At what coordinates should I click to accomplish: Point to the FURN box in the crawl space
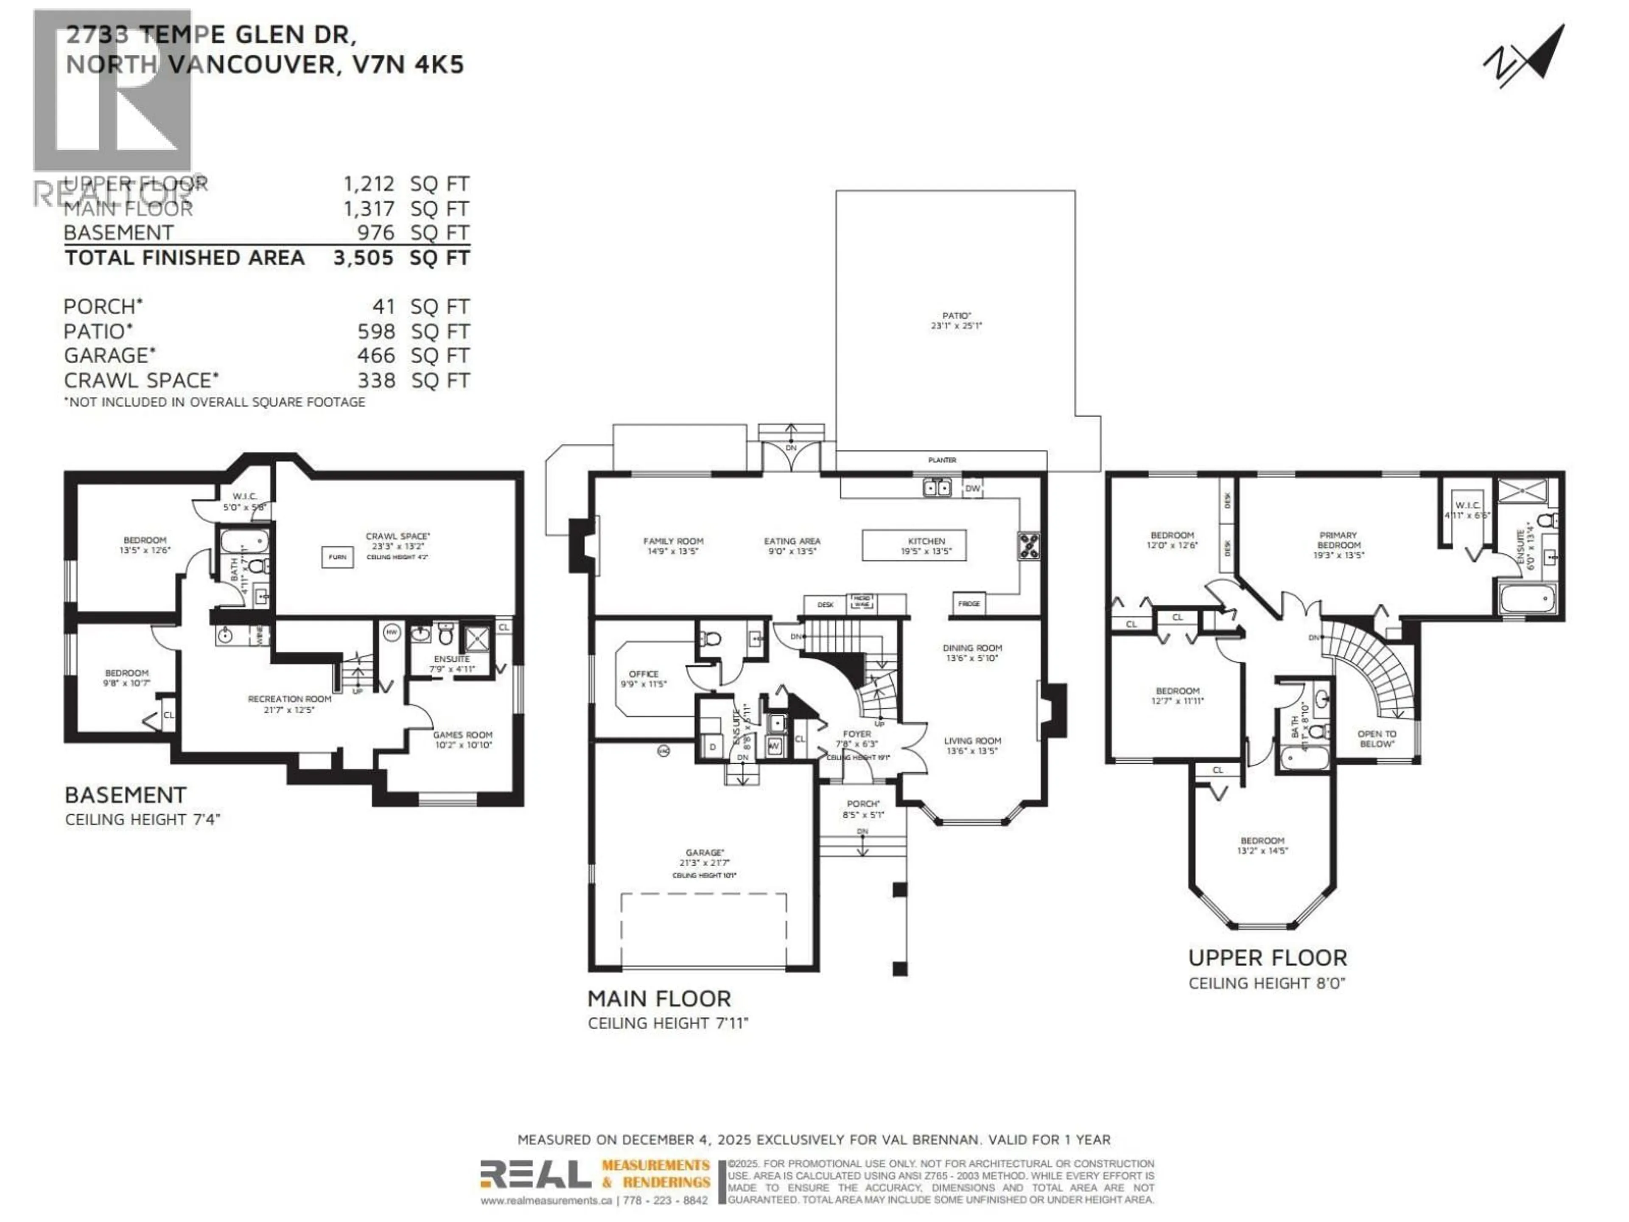click(337, 557)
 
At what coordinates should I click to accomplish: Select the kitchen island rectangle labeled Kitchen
click(914, 545)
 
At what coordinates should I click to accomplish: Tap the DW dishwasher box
click(972, 488)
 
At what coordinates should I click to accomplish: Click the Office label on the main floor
click(644, 678)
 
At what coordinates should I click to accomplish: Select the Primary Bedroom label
click(1338, 544)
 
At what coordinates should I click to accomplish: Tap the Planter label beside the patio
click(942, 460)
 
